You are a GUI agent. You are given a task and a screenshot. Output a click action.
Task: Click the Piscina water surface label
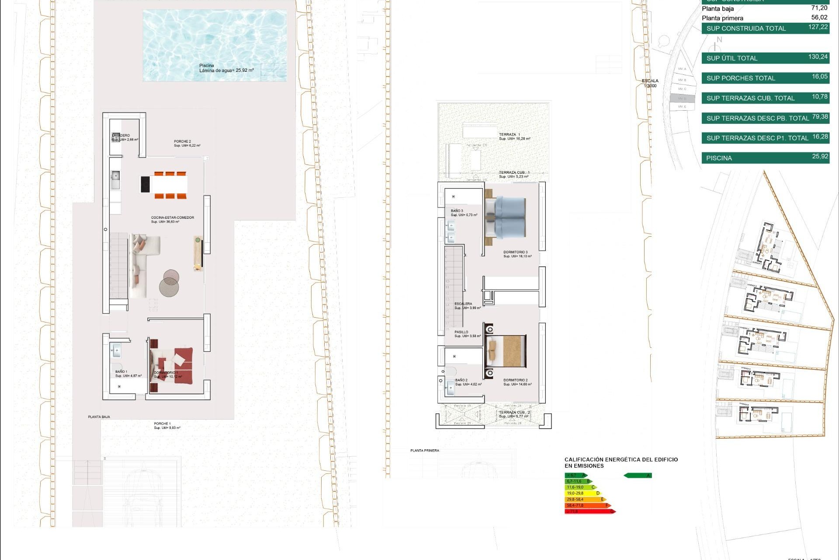click(226, 68)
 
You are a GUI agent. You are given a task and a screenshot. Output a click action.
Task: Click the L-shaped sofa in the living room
click(142, 262)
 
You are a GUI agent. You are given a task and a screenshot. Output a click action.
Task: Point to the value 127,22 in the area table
click(818, 27)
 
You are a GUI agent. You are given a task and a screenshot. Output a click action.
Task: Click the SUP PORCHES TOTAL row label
click(741, 78)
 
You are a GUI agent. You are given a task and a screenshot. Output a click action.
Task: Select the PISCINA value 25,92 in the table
click(820, 157)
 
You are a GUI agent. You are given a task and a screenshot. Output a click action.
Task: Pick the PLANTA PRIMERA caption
click(424, 451)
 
